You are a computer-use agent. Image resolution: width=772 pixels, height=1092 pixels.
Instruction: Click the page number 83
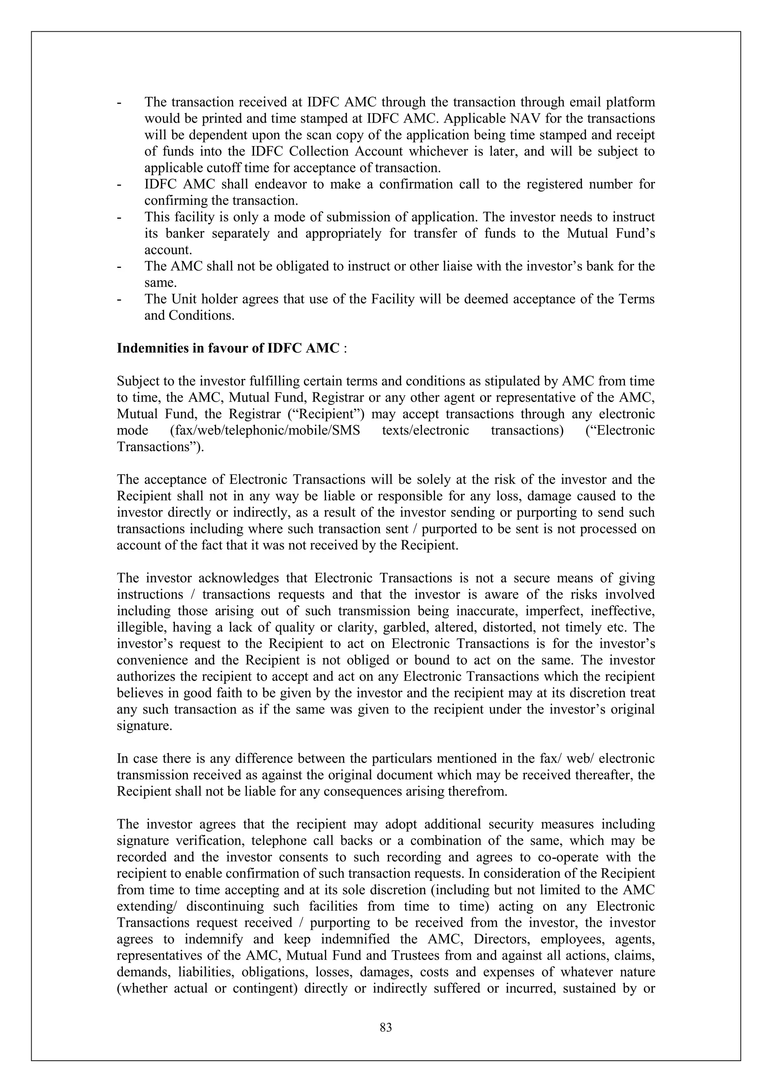pyautogui.click(x=386, y=1028)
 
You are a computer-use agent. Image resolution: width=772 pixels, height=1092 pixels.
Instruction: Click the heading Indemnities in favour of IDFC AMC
pyautogui.click(x=228, y=348)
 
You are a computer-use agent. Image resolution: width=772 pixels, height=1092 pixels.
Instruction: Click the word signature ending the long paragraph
pyautogui.click(x=144, y=726)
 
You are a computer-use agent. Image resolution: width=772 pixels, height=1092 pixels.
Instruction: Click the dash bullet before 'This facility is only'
pyautogui.click(x=119, y=217)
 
